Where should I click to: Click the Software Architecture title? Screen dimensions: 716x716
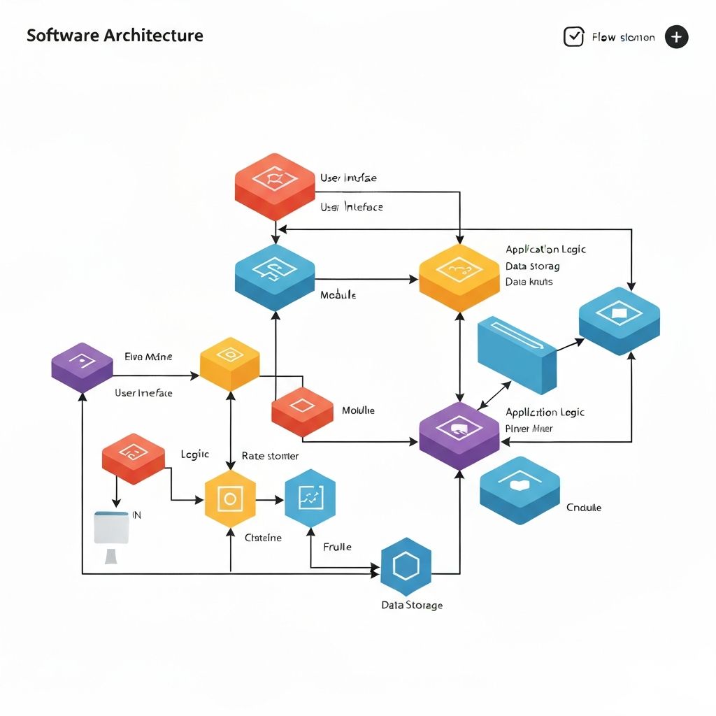(x=115, y=36)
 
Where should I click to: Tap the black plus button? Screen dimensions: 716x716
(x=676, y=37)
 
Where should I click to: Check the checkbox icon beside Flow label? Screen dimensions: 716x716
(x=573, y=37)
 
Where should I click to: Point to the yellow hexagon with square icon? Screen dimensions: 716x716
(x=230, y=499)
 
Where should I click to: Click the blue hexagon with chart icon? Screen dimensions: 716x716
(x=310, y=498)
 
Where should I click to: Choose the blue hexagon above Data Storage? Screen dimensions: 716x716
(x=406, y=566)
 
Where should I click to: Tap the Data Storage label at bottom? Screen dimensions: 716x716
(x=412, y=605)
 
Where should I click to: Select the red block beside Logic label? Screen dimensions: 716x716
(x=134, y=457)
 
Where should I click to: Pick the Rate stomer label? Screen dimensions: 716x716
(x=270, y=456)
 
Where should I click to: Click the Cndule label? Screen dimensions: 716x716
(x=584, y=508)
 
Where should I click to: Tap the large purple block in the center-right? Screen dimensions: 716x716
(x=459, y=435)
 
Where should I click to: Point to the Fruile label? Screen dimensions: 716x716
(x=337, y=547)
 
